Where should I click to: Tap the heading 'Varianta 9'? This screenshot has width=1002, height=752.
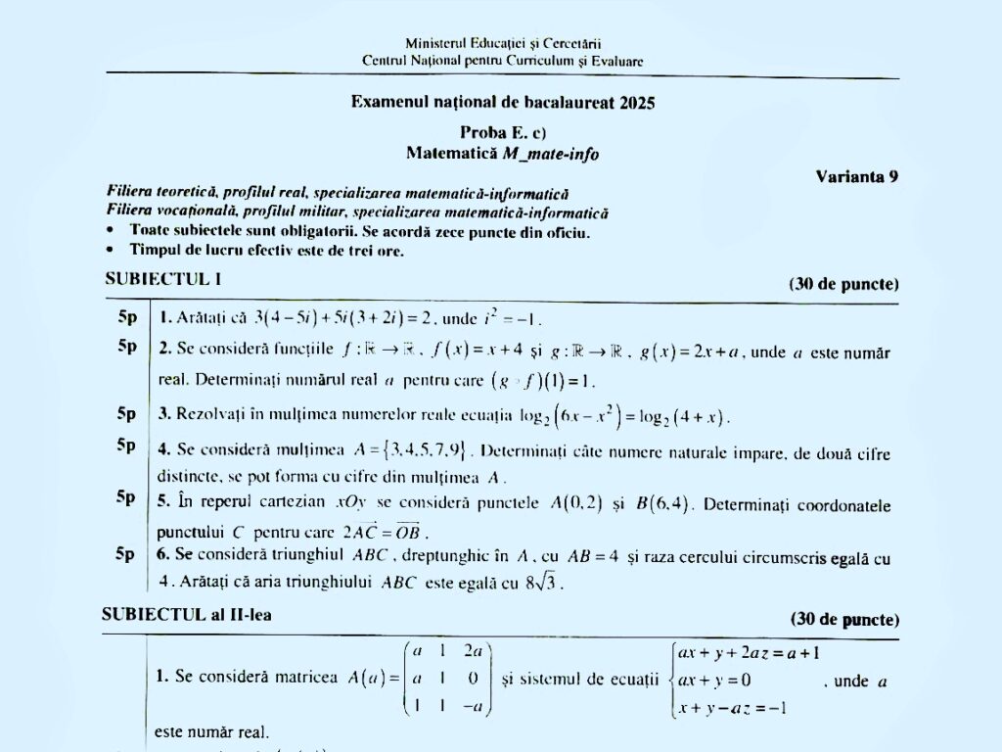[856, 176]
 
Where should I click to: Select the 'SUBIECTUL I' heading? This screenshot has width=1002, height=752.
[163, 278]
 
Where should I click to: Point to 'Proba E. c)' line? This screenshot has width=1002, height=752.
[503, 132]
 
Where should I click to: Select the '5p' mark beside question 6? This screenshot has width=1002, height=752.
[126, 554]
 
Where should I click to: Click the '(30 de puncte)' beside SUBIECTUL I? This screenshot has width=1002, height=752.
[843, 284]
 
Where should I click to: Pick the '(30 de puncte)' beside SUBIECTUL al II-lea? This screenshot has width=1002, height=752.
[844, 619]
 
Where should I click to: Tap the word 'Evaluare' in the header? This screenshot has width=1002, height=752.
[617, 61]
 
